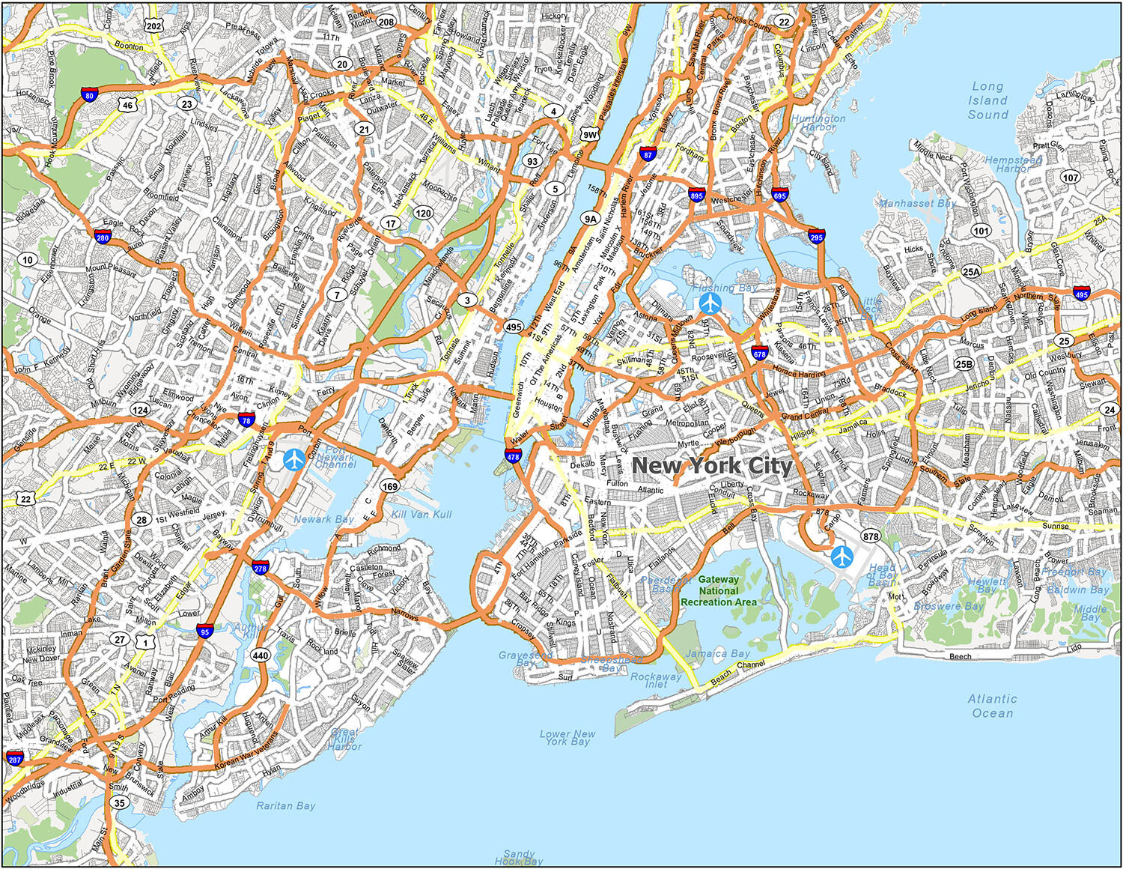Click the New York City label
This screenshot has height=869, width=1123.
click(712, 466)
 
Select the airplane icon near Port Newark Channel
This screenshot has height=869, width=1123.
click(294, 460)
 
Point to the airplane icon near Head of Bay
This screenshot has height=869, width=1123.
click(842, 557)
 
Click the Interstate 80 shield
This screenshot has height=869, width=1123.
click(89, 94)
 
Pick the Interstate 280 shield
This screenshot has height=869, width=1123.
click(103, 237)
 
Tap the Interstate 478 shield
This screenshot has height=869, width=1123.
click(513, 455)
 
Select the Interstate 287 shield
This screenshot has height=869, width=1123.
click(15, 758)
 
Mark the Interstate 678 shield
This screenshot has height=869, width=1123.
click(759, 353)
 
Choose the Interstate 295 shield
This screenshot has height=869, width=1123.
click(816, 236)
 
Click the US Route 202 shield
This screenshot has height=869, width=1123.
click(153, 25)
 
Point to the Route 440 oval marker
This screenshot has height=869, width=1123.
click(260, 655)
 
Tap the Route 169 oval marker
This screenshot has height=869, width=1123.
click(389, 486)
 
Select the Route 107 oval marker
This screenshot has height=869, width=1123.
click(1071, 178)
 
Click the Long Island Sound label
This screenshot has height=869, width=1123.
click(987, 100)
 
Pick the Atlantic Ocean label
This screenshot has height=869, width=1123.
click(993, 706)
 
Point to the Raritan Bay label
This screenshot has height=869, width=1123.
click(285, 806)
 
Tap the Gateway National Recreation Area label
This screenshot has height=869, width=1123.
click(719, 590)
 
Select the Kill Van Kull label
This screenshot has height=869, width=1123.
click(421, 515)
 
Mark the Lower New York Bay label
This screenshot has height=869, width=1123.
click(567, 738)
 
